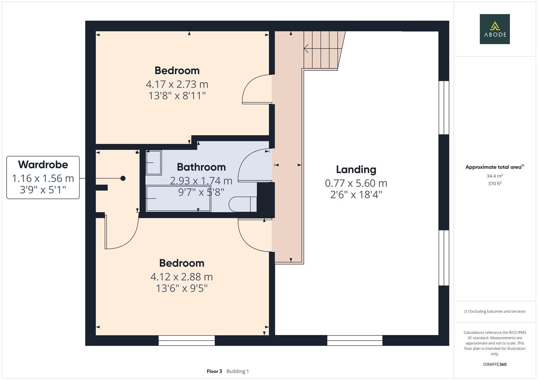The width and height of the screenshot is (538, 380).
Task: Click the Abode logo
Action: tap(494, 29)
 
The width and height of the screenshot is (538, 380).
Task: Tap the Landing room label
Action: tap(356, 170)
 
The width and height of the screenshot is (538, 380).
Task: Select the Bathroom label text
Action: tap(201, 167)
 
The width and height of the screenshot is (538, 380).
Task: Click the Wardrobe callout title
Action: tap(43, 164)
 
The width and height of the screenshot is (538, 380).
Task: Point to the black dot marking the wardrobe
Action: tap(123, 178)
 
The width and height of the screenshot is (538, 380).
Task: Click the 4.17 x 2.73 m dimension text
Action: tap(177, 84)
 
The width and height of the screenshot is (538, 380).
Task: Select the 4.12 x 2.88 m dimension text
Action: tap(181, 277)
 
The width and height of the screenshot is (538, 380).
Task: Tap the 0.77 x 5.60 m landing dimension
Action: tap(356, 183)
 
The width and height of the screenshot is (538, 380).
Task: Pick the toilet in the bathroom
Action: tap(242, 204)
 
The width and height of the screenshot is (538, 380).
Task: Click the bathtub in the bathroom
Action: tap(178, 199)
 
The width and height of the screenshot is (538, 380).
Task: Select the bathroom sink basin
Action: tap(154, 163)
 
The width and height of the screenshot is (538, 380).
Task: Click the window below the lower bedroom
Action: tap(186, 340)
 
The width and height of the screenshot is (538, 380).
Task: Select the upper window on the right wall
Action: tap(444, 108)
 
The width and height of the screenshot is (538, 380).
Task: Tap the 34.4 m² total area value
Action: tap(494, 176)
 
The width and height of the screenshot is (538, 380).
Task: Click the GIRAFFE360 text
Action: tap(494, 364)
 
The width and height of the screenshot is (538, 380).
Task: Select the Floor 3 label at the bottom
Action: tap(214, 371)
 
